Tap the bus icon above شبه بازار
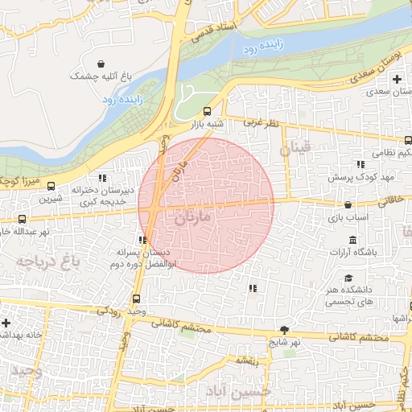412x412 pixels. coord(208,112)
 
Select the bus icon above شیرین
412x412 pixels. coord(51,186)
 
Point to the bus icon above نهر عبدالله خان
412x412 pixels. coord(22,218)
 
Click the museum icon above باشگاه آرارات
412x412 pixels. coord(352,240)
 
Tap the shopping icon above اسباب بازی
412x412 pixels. coord(348,204)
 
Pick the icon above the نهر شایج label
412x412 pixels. coord(283,330)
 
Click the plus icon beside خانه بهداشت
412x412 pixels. coord(6,322)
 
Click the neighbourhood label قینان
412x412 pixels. coord(295,150)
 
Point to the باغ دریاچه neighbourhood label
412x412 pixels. coord(38,261)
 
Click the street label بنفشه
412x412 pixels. coord(246,361)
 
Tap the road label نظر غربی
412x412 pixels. coord(261,122)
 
